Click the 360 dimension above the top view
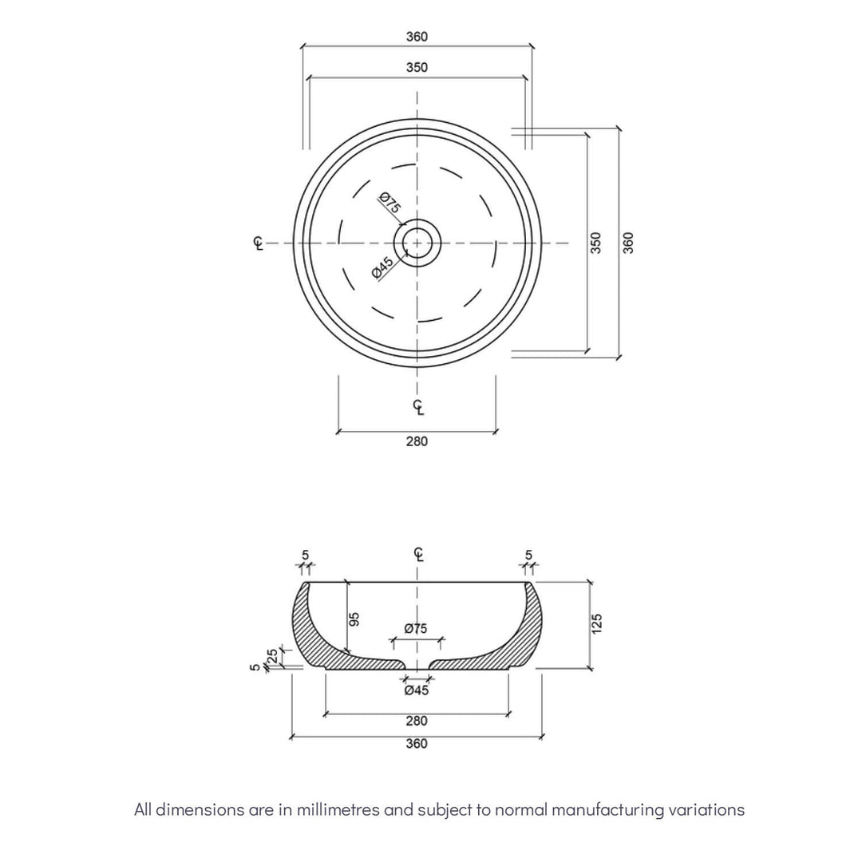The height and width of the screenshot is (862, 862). [417, 37]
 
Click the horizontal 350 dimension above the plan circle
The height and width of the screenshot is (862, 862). [417, 68]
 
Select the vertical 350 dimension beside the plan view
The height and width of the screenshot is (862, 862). [595, 243]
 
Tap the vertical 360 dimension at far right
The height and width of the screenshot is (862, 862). [628, 243]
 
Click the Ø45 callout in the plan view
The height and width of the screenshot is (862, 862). [383, 268]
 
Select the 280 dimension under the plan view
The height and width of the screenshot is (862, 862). [417, 441]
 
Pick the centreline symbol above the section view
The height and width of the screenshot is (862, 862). [418, 554]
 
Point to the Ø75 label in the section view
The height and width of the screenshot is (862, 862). [416, 629]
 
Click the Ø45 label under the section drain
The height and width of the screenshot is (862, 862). [416, 690]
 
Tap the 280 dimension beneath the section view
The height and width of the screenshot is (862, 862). [417, 721]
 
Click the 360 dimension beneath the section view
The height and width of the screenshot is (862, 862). [417, 744]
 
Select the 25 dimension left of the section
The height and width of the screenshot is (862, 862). [272, 655]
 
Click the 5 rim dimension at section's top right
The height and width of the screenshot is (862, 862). [528, 555]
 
